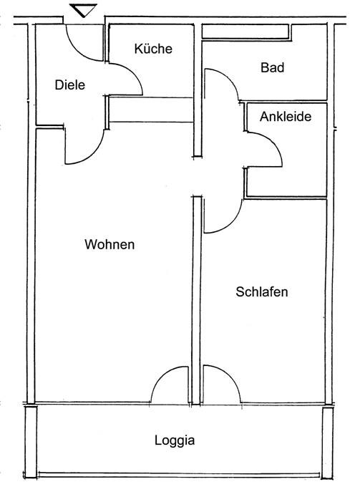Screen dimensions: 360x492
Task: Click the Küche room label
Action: [x=153, y=49]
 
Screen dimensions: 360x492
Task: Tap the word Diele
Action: [x=70, y=85]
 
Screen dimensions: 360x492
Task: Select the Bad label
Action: [x=273, y=67]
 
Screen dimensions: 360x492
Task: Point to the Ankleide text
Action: [x=286, y=117]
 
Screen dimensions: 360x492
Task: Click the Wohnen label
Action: [x=110, y=244]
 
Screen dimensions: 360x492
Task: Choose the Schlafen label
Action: [x=262, y=291]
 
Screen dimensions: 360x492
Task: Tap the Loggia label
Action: [x=175, y=440]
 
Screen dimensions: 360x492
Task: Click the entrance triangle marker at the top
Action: [x=83, y=10]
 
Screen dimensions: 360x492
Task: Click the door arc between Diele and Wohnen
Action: [x=91, y=155]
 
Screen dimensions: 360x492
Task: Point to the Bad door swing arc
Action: [x=228, y=77]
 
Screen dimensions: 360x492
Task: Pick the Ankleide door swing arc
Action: [x=273, y=143]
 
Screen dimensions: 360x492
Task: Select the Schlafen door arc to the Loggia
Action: [x=230, y=375]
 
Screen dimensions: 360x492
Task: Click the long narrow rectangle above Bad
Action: [x=245, y=32]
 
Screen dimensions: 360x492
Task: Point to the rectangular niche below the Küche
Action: [x=151, y=110]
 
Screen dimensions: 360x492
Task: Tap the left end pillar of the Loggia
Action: [x=31, y=443]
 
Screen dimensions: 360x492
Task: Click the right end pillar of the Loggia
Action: [x=328, y=443]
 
